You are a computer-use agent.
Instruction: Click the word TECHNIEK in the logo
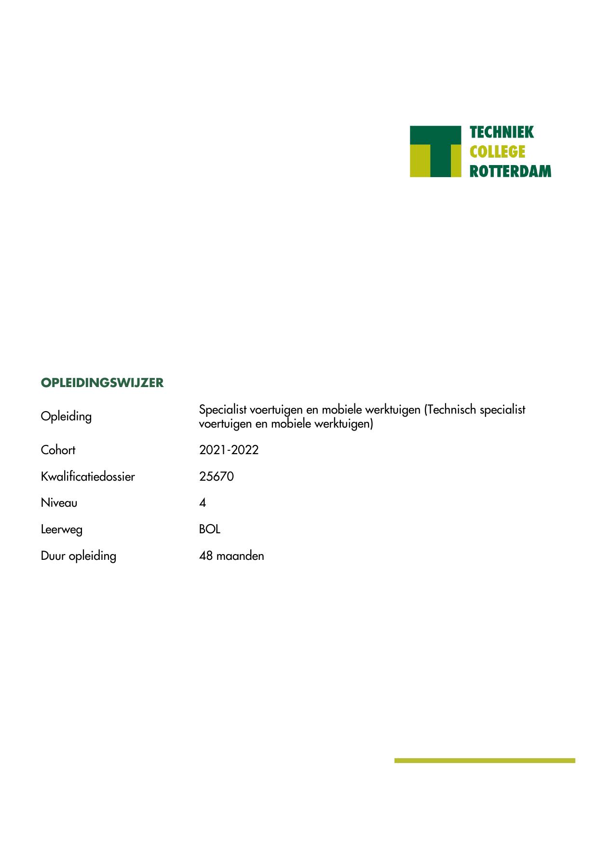coord(502,132)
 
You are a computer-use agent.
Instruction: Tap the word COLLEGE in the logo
coord(497,152)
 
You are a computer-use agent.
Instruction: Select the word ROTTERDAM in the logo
coord(510,171)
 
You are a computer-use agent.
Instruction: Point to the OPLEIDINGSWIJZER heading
coord(102,383)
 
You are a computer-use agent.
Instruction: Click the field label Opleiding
coord(66,416)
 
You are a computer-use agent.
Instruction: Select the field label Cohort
coord(58,450)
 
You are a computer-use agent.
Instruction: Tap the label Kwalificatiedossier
coord(88,477)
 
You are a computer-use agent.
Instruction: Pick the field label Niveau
coord(59,503)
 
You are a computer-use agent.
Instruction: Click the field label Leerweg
coord(61,529)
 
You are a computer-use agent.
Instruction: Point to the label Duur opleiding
coord(78,556)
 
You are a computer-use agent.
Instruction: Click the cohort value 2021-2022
coord(229,450)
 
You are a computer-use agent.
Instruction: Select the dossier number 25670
coord(216,477)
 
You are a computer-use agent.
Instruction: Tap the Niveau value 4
coord(203,503)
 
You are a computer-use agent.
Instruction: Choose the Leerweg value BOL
coord(209,529)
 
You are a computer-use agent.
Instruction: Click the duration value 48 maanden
coord(231,556)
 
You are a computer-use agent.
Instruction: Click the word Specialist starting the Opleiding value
coord(222,410)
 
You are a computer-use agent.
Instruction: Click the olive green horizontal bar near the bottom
coord(485,761)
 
